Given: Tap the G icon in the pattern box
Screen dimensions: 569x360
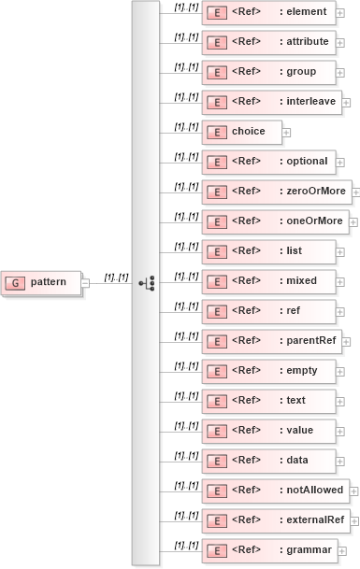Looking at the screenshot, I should (x=16, y=282).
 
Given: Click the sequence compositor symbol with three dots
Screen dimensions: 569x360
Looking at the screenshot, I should (x=145, y=282).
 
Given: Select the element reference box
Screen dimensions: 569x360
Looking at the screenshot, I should (x=268, y=12).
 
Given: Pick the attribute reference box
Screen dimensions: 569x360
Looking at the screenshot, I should (x=268, y=42).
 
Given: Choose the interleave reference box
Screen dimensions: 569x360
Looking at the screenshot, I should (x=271, y=102).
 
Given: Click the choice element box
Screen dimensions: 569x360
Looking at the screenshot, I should (x=240, y=132).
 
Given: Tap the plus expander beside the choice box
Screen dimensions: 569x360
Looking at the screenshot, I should (x=286, y=133).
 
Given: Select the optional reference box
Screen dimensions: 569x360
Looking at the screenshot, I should (x=268, y=162).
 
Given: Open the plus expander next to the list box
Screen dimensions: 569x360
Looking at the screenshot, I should (x=340, y=252).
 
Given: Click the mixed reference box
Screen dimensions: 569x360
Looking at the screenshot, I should (x=268, y=281).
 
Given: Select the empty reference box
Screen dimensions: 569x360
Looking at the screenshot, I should (x=268, y=371).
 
